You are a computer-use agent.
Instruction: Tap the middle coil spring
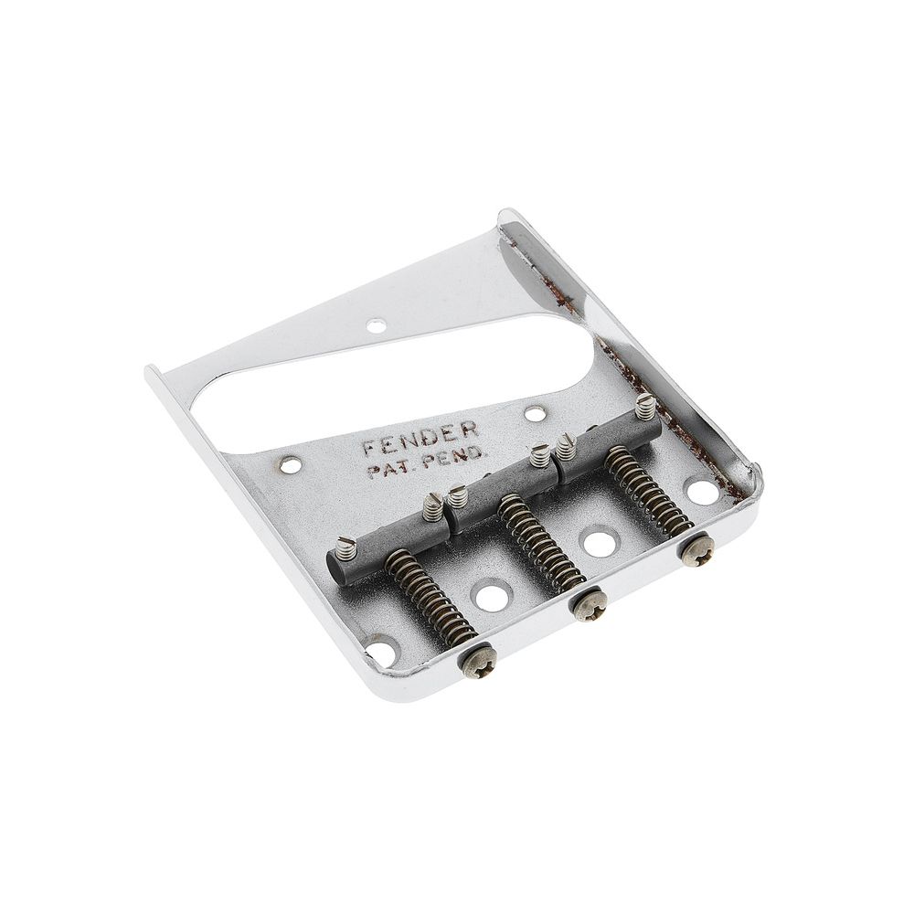coord(541,545)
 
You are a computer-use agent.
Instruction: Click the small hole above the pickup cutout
coord(376,324)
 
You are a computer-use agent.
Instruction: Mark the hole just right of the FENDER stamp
coord(535,414)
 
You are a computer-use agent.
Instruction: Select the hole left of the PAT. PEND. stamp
coord(291,466)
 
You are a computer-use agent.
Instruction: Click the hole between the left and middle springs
coord(492,599)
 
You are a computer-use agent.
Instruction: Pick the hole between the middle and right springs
coord(599,543)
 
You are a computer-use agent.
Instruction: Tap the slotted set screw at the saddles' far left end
coord(345,548)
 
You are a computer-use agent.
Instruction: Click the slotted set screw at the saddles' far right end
coord(645,404)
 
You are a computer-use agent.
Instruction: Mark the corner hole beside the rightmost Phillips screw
coord(702,492)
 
